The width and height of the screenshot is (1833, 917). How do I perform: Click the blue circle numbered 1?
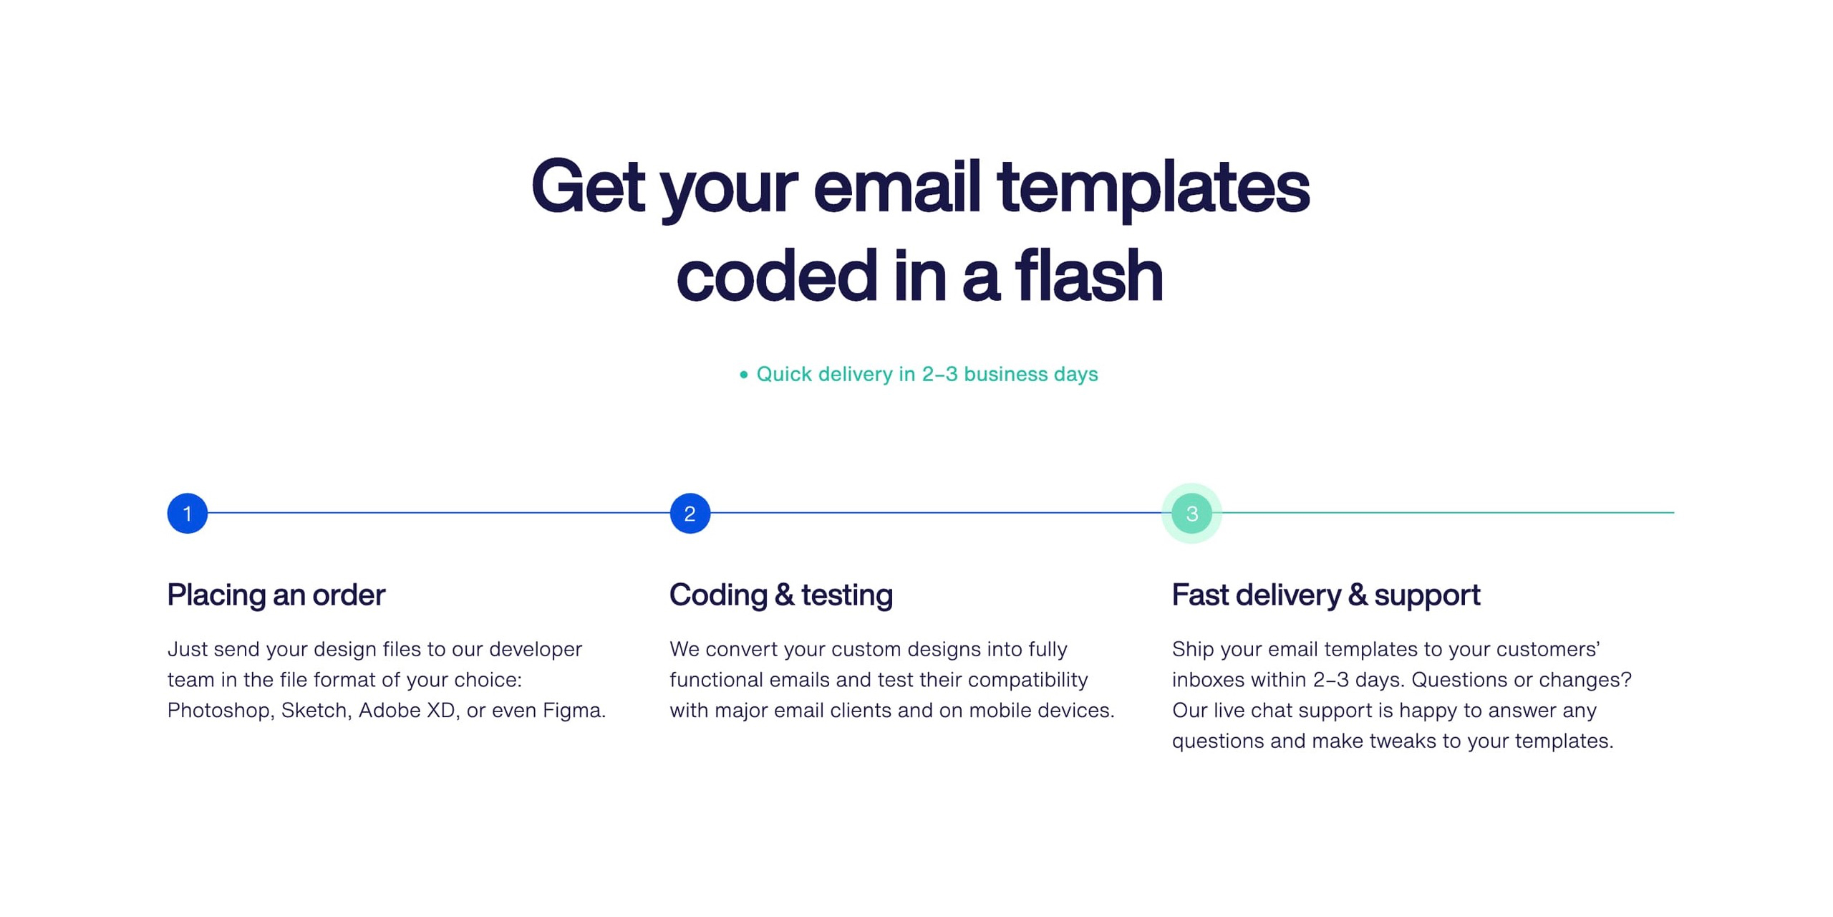point(187,513)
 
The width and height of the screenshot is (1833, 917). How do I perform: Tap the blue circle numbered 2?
point(690,513)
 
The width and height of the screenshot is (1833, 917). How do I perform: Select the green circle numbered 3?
point(1191,513)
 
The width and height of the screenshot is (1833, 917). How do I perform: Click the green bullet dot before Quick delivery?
point(743,375)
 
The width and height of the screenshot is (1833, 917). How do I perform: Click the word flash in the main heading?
point(1088,277)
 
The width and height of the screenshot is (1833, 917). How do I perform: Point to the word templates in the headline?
point(1153,188)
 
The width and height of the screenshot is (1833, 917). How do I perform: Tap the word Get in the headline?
point(588,186)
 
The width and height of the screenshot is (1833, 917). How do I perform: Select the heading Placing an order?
point(276,595)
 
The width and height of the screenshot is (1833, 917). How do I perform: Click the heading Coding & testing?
point(781,595)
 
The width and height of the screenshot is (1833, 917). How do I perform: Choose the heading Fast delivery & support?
point(1326,595)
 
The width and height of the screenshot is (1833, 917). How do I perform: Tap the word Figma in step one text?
point(574,711)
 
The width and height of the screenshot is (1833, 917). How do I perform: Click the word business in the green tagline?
point(1005,374)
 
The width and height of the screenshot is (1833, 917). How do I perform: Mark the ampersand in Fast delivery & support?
point(1357,595)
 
